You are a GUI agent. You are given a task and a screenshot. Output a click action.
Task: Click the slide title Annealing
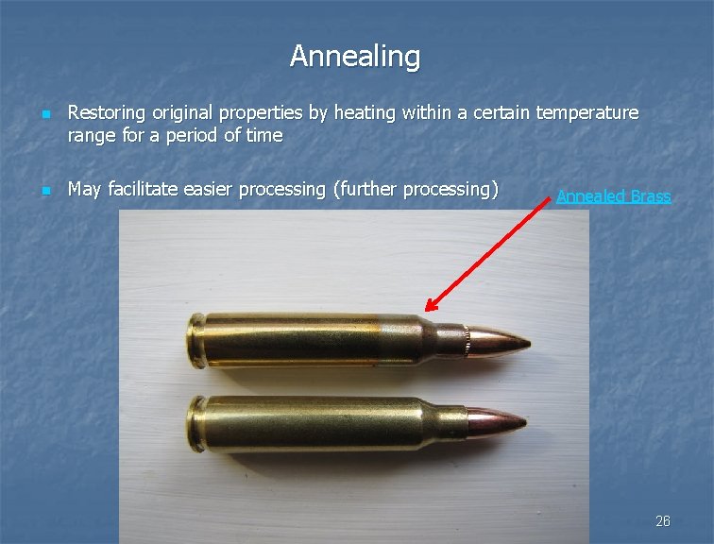[355, 57]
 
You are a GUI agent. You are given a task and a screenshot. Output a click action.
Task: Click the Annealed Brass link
[613, 196]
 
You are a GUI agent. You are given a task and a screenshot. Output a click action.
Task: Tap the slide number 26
[663, 521]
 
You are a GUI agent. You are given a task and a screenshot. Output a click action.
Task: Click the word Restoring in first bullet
[105, 113]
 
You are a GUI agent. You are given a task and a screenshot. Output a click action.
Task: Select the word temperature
[587, 113]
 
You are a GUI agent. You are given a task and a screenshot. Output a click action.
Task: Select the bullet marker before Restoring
[46, 115]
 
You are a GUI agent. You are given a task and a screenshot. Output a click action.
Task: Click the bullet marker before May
[46, 191]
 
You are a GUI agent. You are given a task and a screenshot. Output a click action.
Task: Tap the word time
[264, 135]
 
